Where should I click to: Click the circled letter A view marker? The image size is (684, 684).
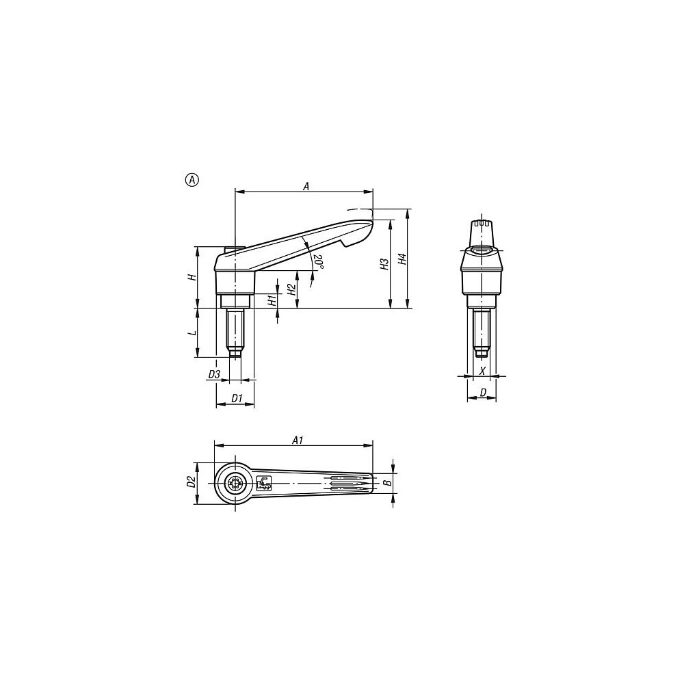click(x=192, y=180)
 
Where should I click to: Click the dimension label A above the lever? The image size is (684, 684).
click(x=306, y=185)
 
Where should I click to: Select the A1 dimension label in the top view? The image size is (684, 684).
click(x=298, y=440)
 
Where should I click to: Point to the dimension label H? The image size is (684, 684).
click(x=192, y=277)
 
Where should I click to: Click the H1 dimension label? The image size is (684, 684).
click(x=272, y=300)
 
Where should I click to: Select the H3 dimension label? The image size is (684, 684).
click(x=384, y=263)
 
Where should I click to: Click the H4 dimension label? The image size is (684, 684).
click(x=403, y=259)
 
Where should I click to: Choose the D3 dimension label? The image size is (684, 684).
click(x=213, y=374)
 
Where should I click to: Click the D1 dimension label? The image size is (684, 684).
click(x=236, y=398)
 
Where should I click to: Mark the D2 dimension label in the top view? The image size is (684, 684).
click(x=192, y=482)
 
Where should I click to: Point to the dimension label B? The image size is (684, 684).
click(x=387, y=483)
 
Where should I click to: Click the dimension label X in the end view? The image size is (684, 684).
click(x=483, y=371)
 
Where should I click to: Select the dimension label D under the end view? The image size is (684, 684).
click(x=483, y=393)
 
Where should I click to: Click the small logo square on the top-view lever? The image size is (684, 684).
click(x=264, y=483)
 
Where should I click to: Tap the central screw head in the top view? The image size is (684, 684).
click(x=236, y=484)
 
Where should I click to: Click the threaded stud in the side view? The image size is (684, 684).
click(x=235, y=332)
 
